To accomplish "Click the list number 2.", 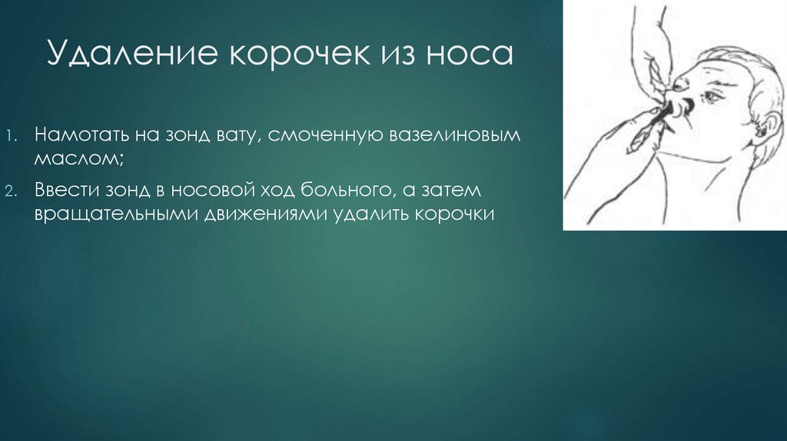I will [x=14, y=191].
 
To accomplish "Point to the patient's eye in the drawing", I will [x=710, y=98].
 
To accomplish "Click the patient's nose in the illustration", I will [x=680, y=101].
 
